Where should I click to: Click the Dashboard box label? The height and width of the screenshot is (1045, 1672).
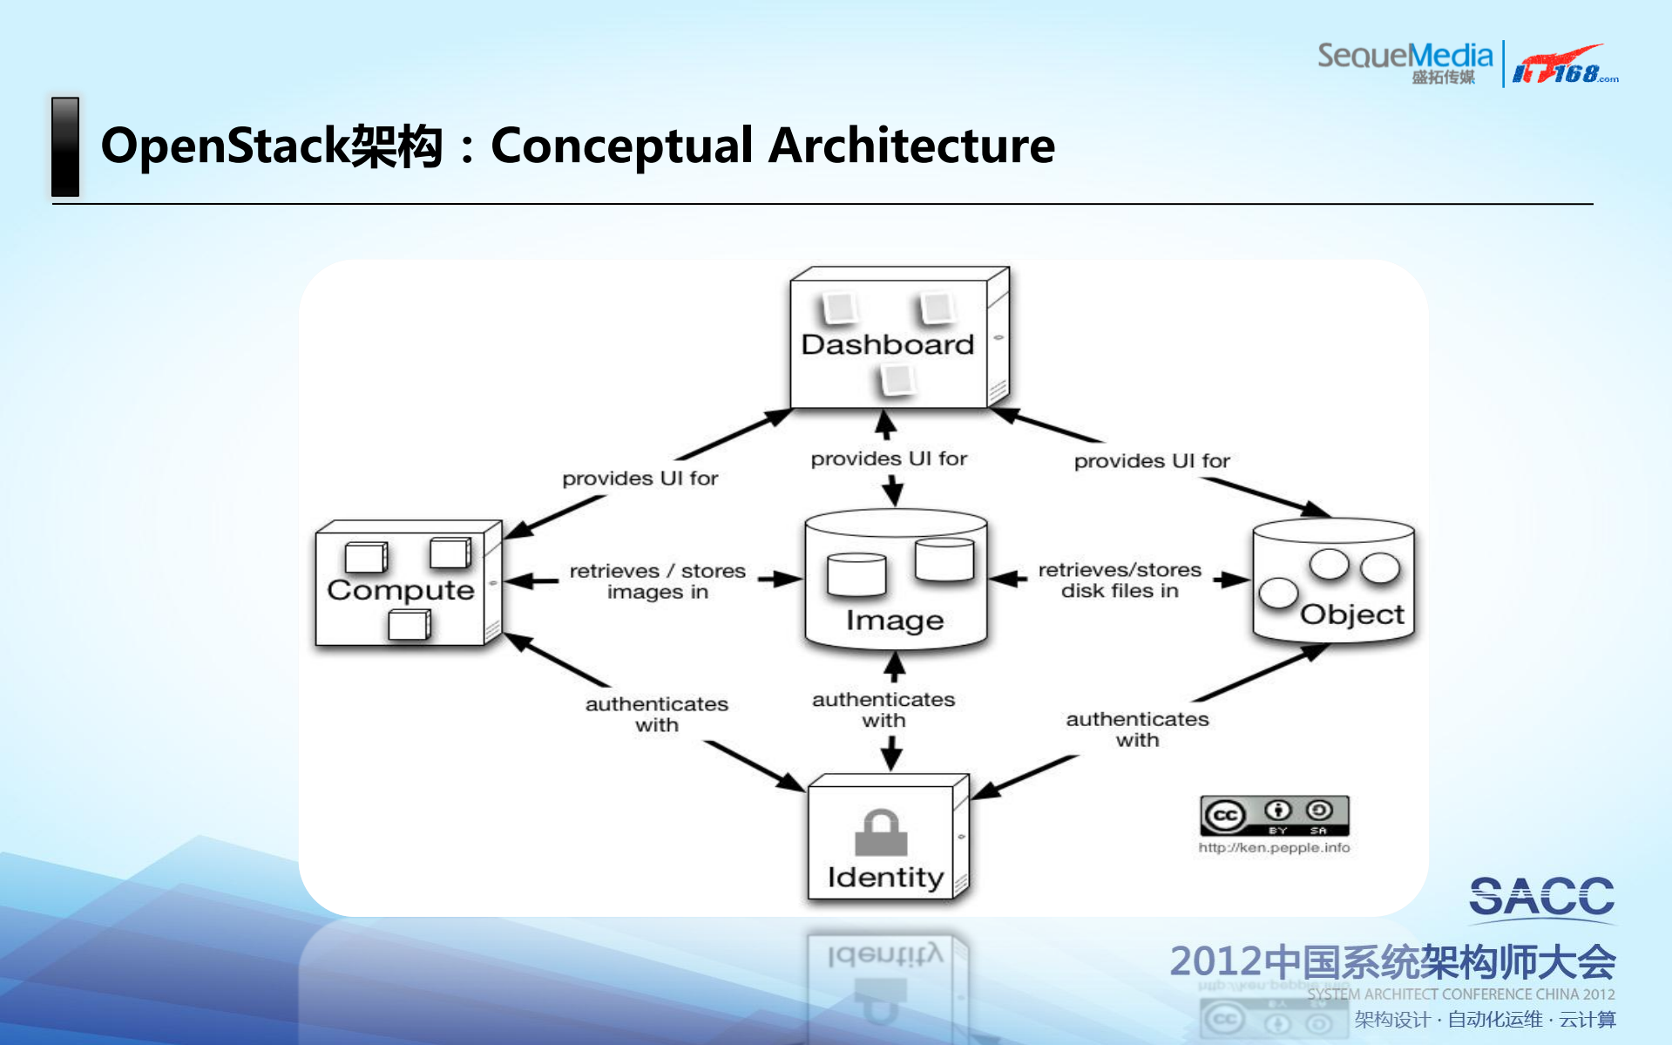(x=887, y=344)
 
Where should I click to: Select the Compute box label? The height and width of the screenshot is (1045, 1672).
(x=400, y=590)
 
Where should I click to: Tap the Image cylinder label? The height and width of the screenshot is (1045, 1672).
(x=894, y=620)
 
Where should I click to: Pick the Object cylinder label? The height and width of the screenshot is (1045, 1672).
(x=1351, y=614)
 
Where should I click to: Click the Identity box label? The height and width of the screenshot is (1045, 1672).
(x=884, y=877)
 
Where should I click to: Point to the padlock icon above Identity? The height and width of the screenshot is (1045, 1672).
(x=881, y=833)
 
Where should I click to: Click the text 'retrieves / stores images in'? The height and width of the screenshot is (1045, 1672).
(x=657, y=581)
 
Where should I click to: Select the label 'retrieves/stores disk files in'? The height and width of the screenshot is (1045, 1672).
(x=1120, y=580)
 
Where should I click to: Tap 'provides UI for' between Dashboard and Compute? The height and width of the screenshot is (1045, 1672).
(x=640, y=478)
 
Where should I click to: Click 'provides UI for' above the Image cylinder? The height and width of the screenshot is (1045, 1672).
(x=889, y=458)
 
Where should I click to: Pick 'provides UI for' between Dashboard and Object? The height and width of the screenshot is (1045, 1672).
(x=1151, y=461)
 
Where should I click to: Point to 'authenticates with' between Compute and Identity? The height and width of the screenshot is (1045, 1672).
(x=656, y=714)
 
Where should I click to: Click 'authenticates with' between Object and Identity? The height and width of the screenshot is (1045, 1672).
(x=1137, y=729)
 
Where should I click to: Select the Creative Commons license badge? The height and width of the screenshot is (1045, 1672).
(x=1274, y=816)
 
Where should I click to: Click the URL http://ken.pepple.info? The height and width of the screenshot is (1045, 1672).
(x=1274, y=847)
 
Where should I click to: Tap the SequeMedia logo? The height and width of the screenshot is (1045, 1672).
(x=1404, y=61)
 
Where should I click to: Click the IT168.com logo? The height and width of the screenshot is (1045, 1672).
(x=1563, y=65)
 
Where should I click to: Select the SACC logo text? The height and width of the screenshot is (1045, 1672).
(x=1541, y=897)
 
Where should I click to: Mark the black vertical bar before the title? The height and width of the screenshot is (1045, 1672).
(x=65, y=146)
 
